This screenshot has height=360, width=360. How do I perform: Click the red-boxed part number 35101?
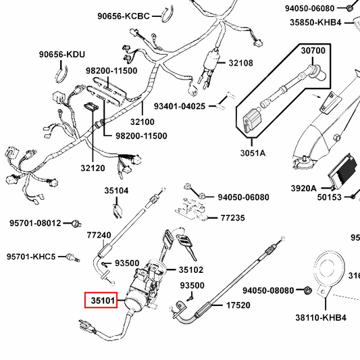(x=101, y=299)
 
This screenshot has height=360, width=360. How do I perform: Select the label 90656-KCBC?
(x=123, y=15)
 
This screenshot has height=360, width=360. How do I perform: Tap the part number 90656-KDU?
(x=61, y=54)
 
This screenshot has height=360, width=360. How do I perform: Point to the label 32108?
(x=240, y=63)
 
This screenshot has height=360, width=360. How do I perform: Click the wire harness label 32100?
(x=142, y=122)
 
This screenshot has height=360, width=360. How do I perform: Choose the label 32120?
(x=93, y=168)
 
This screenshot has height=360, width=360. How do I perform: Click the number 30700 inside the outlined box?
(x=313, y=51)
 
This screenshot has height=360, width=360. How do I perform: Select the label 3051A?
(x=253, y=153)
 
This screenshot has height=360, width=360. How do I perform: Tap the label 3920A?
(x=304, y=188)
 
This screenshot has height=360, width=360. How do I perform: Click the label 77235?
(x=234, y=218)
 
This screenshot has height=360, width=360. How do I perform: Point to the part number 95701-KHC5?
(x=32, y=257)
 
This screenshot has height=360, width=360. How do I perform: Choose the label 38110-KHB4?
(x=321, y=317)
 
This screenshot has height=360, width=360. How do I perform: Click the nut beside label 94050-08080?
(x=305, y=290)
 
